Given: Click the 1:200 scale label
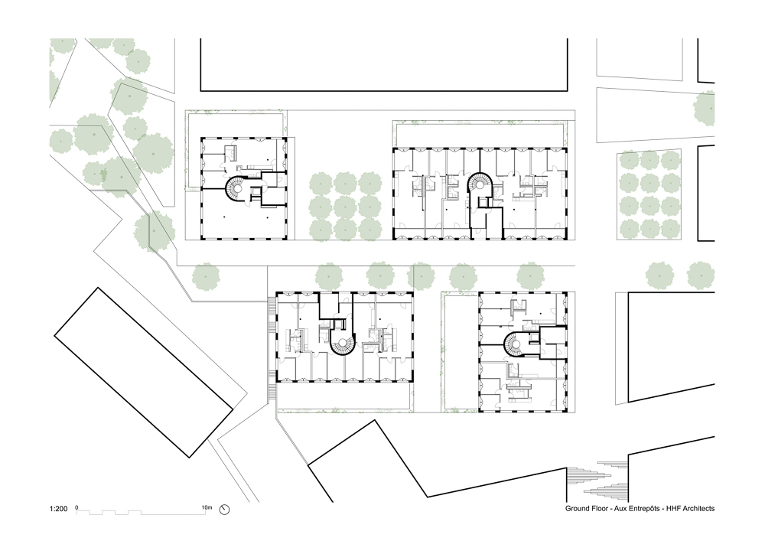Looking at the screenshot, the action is (58, 509).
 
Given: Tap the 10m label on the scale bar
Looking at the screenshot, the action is (207, 508).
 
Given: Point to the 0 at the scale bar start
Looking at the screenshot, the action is (77, 508).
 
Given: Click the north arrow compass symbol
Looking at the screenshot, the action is (224, 510).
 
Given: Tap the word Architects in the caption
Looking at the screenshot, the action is (698, 508).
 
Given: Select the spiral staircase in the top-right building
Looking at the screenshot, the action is (480, 185).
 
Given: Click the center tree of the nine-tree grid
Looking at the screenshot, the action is (345, 207).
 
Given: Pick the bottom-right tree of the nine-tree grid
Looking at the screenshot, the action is (369, 230).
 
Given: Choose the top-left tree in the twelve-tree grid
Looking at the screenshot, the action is (629, 161).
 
